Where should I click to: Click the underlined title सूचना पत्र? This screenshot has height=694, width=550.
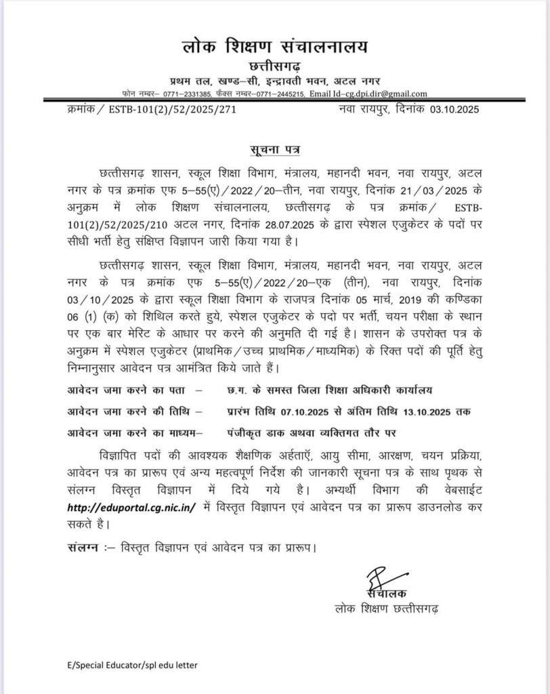(275, 148)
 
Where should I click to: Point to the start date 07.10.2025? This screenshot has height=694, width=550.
(326, 411)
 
